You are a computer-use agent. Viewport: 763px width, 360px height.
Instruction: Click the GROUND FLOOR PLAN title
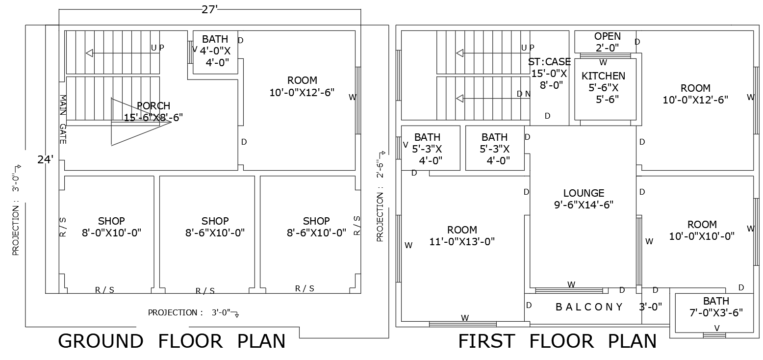(x=172, y=341)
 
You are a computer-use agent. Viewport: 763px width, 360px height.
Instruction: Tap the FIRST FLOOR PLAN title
(x=557, y=341)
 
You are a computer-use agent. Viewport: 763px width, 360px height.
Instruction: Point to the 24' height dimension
(x=46, y=159)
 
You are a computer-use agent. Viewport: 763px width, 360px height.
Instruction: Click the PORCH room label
(x=153, y=111)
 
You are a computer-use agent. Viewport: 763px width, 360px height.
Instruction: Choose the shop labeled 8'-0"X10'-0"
(x=111, y=227)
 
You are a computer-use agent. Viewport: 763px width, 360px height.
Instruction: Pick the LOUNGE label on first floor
(x=584, y=199)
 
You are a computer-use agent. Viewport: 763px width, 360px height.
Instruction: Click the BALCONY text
(x=589, y=307)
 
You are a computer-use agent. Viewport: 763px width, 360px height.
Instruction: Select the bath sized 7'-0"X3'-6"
(x=716, y=307)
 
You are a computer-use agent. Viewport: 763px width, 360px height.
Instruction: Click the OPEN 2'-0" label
(x=607, y=42)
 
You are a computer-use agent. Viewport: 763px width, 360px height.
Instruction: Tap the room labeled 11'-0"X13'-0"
(x=462, y=235)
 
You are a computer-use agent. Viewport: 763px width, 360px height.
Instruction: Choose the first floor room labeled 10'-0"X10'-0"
(x=702, y=231)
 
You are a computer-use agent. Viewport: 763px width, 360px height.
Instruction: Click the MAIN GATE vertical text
(x=63, y=119)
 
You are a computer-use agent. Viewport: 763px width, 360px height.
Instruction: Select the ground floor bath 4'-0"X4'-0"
(x=215, y=50)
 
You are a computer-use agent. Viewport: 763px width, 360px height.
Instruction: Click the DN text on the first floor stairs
(x=523, y=94)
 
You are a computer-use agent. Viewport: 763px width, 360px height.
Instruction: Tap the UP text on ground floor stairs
(x=157, y=48)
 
